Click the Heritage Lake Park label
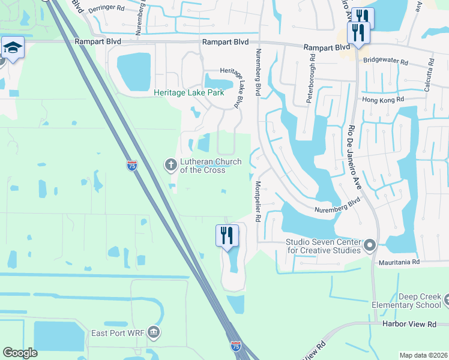pos(188,93)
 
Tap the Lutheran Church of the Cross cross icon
pos(170,164)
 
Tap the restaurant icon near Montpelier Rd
pos(226,235)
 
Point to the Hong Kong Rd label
pos(384,100)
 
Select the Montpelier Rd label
pos(258,202)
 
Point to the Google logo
pos(20,353)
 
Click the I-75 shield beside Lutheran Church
pos(132,165)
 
